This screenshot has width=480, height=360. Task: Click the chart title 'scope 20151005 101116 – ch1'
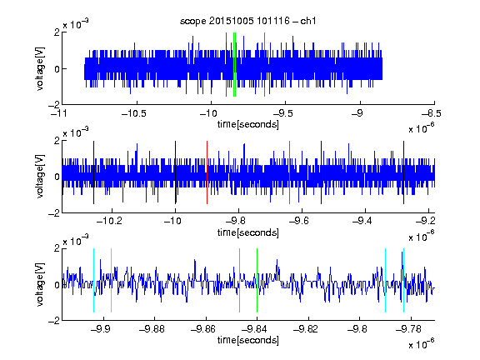[247, 21]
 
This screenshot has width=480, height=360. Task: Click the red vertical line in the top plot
[226, 65]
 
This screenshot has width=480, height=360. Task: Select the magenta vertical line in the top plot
[264, 65]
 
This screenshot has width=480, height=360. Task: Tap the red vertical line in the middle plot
[207, 172]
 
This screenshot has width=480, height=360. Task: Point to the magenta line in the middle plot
[290, 172]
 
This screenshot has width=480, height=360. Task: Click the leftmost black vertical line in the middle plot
[93, 172]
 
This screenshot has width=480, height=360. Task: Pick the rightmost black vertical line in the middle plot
[404, 172]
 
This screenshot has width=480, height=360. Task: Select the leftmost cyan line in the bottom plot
[93, 280]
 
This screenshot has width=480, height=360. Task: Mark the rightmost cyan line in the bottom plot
[404, 280]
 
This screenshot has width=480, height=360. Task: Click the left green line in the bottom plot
[239, 280]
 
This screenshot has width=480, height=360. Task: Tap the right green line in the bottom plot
[257, 280]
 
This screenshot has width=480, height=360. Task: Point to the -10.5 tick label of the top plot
[134, 113]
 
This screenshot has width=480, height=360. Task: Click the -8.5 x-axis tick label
[432, 113]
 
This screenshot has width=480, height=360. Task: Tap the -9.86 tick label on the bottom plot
[203, 329]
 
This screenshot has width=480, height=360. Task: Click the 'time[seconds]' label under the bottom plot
[248, 340]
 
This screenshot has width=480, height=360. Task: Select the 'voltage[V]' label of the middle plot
[40, 177]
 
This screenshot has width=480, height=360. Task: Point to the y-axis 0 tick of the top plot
[57, 69]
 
